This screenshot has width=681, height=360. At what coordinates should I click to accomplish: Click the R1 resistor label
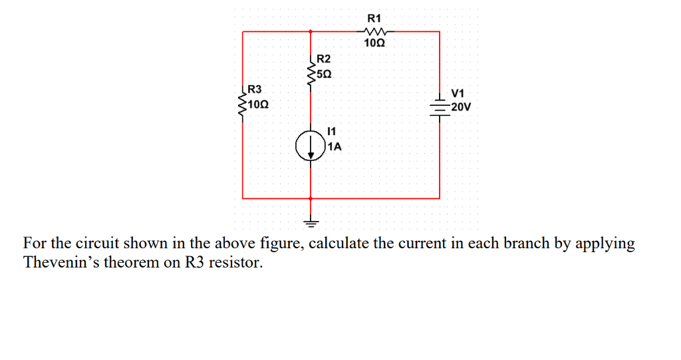click(x=375, y=17)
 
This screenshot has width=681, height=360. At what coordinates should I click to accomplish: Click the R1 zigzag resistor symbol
click(x=375, y=31)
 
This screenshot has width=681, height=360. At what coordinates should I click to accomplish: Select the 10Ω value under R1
click(x=375, y=44)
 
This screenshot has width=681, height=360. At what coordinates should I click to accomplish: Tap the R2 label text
click(x=324, y=60)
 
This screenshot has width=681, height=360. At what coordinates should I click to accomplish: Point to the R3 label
click(x=255, y=89)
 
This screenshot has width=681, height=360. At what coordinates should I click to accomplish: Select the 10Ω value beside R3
click(x=257, y=104)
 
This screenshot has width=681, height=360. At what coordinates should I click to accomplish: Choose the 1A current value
click(x=335, y=147)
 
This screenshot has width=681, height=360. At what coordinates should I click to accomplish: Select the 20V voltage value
click(x=461, y=106)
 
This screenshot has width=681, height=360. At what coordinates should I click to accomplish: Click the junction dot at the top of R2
click(x=311, y=31)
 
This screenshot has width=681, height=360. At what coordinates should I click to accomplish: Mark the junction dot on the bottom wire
click(x=311, y=198)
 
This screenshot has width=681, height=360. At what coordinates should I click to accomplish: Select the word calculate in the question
click(x=340, y=243)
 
